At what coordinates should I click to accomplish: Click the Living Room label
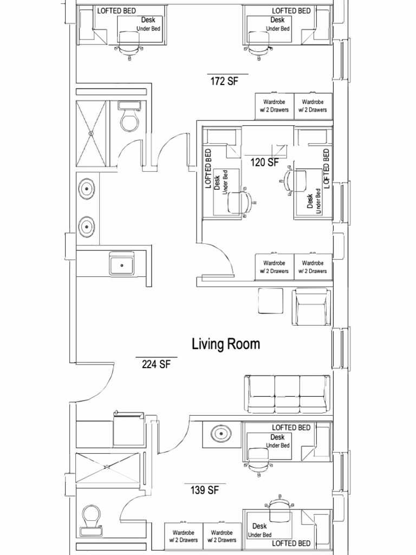pyautogui.click(x=226, y=344)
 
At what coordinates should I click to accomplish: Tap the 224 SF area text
pyautogui.click(x=156, y=364)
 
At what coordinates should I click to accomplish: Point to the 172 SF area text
pyautogui.click(x=224, y=81)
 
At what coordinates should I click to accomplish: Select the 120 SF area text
pyautogui.click(x=264, y=161)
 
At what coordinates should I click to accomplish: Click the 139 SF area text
pyautogui.click(x=204, y=491)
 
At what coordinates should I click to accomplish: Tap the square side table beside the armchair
pyautogui.click(x=270, y=301)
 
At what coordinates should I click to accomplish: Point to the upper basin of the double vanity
pyautogui.click(x=87, y=189)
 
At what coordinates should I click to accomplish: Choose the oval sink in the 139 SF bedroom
pyautogui.click(x=221, y=434)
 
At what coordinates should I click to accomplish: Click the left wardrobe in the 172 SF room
pyautogui.click(x=274, y=106)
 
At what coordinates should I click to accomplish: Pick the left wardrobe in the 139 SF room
pyautogui.click(x=184, y=536)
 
